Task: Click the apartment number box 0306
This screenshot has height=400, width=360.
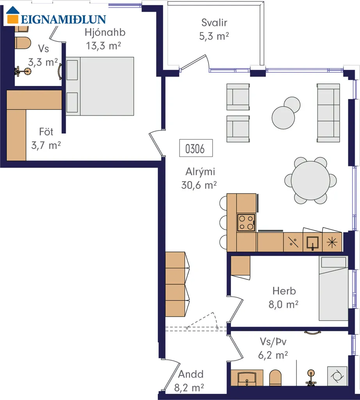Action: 196,148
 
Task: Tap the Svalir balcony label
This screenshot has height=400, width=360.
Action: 214,22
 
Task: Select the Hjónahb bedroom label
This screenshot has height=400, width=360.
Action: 105,32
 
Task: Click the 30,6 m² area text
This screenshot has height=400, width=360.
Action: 199,185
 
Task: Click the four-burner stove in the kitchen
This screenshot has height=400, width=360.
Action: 246,222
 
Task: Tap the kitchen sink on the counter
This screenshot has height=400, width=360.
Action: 313,242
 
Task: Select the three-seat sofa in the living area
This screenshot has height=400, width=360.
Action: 328,113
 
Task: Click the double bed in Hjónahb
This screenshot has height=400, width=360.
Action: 100,86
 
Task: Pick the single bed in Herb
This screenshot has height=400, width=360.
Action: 333,288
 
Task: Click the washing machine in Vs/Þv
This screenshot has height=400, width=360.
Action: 337,376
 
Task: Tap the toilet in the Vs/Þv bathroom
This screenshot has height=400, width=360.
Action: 275,378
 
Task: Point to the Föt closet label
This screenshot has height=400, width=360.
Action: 46,132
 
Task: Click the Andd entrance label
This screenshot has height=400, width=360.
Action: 191,374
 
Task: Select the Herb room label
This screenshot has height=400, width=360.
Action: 284,291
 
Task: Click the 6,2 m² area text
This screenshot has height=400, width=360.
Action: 273,355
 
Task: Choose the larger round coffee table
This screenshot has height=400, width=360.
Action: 283,118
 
